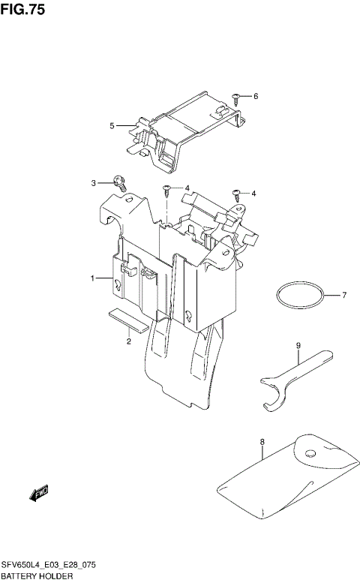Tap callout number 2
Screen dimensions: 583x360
[x=129, y=342]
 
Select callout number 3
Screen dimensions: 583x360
[x=94, y=182]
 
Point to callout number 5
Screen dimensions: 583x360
[x=112, y=125]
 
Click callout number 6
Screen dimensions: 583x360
[x=255, y=96]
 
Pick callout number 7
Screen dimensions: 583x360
[x=344, y=295]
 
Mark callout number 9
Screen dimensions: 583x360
[x=298, y=346]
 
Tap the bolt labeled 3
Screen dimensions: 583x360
[x=118, y=180]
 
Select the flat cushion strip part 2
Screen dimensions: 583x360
[x=128, y=320]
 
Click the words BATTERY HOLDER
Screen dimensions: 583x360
[x=37, y=576]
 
